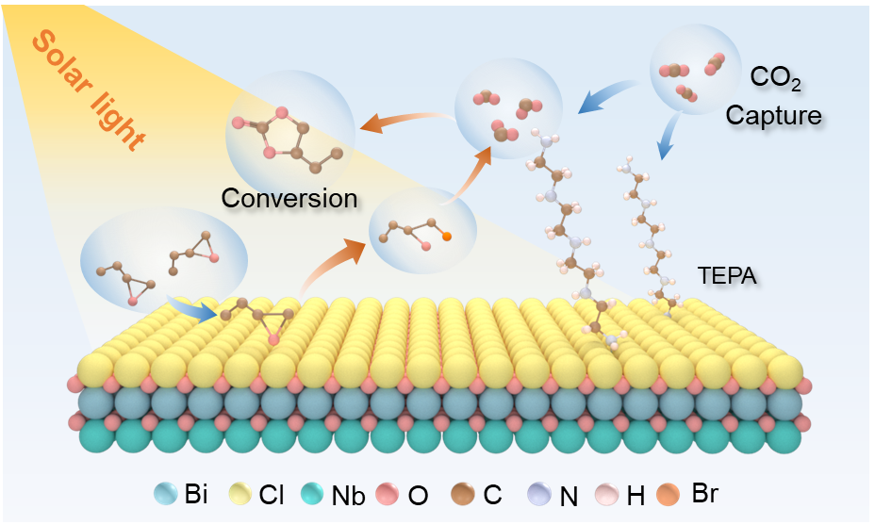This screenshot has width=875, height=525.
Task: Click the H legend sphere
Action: coord(607,492)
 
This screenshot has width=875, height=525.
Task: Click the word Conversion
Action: coord(289,198)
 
